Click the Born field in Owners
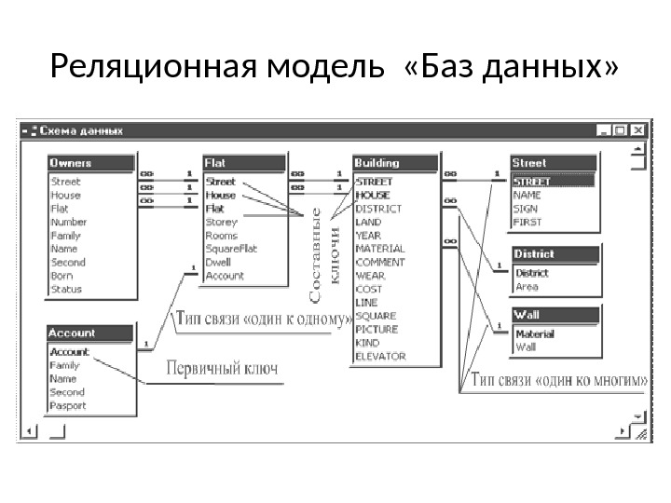click(62, 276)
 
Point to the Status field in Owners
click(65, 289)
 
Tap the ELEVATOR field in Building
click(380, 356)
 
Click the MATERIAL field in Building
click(380, 249)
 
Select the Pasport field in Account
click(68, 405)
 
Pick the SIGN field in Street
click(526, 210)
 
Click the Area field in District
click(527, 287)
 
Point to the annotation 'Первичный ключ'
click(222, 368)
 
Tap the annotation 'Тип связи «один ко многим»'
click(557, 379)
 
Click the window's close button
click(639, 131)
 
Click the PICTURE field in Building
click(377, 329)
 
